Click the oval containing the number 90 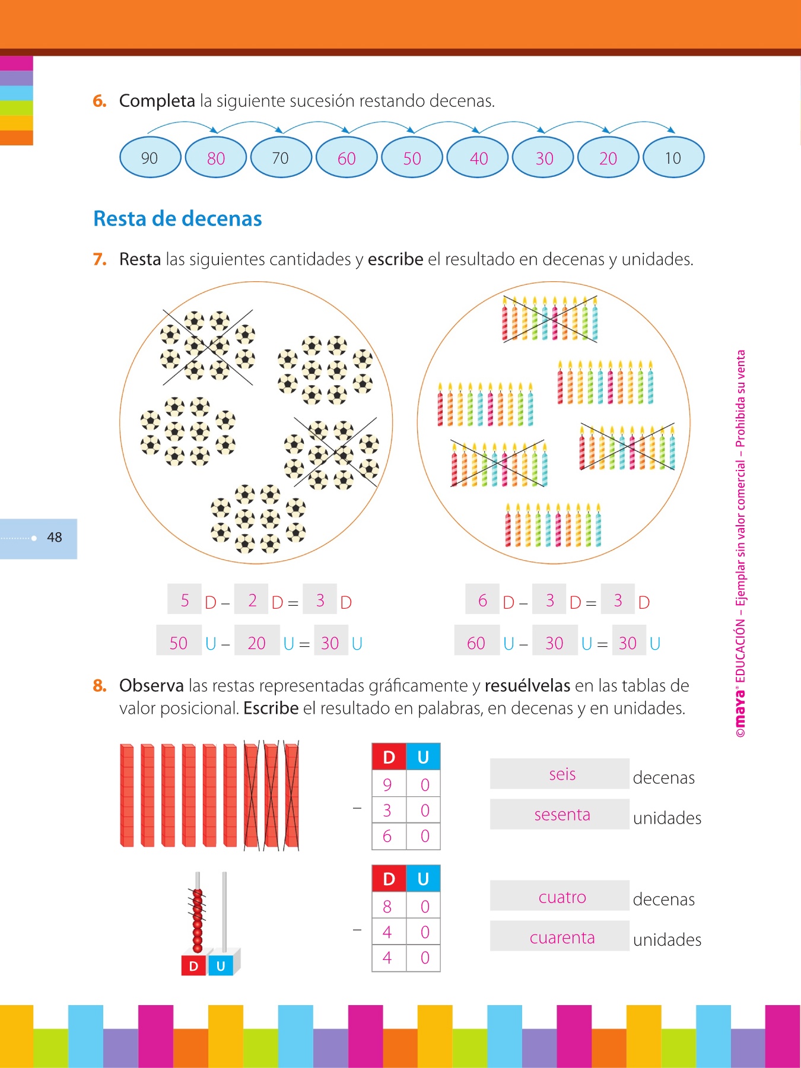[x=150, y=158]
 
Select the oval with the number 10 [x=673, y=158]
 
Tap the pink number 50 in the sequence [x=412, y=158]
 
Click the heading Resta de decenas [x=177, y=219]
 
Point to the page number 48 [x=55, y=538]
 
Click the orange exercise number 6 [x=100, y=101]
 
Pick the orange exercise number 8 [x=100, y=686]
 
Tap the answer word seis [x=562, y=774]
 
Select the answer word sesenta [x=562, y=815]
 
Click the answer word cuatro [x=562, y=897]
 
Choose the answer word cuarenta [x=562, y=937]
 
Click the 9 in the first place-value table [x=387, y=785]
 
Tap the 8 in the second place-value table [x=387, y=907]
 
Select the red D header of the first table [x=389, y=757]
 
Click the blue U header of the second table [x=423, y=879]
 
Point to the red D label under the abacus [x=193, y=966]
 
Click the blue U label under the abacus [x=221, y=966]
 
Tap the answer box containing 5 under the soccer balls [x=185, y=600]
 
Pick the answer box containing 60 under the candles [x=476, y=643]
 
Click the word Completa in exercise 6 [x=157, y=101]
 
